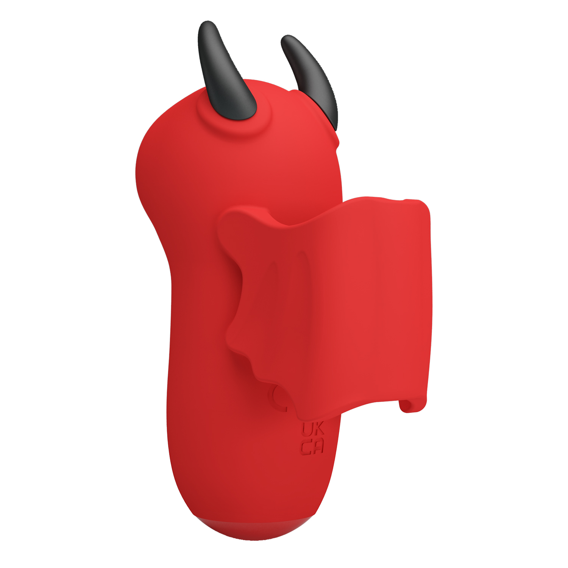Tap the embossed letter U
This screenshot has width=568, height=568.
pos(306,429)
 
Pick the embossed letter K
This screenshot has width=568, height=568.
pos(318,429)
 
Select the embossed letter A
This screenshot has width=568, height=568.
pos(318,447)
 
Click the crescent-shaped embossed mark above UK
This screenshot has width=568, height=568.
pos(276,398)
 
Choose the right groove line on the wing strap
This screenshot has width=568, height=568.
pos(303,273)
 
